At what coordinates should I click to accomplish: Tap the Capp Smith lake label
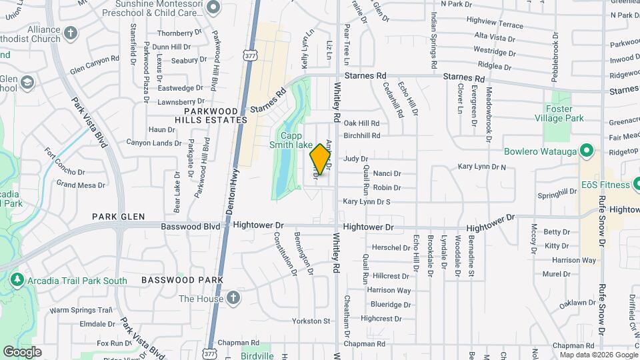pos(291,139)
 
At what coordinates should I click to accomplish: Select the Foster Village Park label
pos(564,113)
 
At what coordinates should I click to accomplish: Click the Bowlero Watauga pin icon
pos(587,151)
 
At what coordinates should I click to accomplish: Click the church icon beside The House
pos(233,298)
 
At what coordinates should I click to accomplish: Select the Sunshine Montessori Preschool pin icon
pos(213,7)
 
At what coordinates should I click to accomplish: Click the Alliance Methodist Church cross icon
pos(71,32)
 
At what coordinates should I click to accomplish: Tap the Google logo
pos(22,351)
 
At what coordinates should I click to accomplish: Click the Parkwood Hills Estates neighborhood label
pos(201,115)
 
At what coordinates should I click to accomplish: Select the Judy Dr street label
pos(355,159)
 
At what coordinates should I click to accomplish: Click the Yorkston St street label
pos(312,321)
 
